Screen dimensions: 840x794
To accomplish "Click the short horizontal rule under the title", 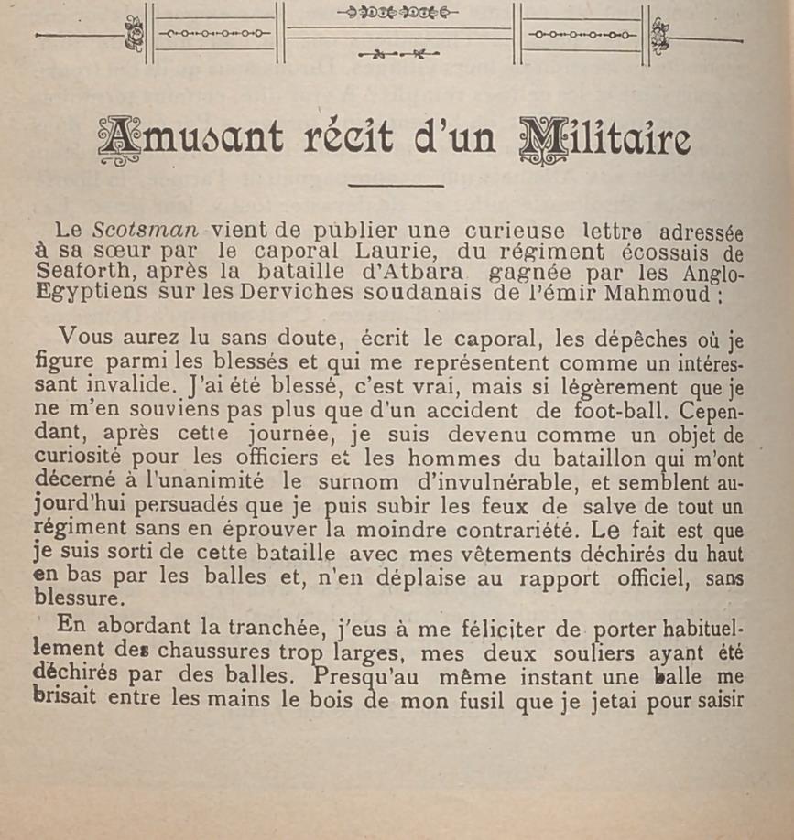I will tap(396, 186).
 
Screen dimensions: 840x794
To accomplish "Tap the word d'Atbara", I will tap(420, 273).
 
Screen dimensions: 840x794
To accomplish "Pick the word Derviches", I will tap(275, 295).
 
